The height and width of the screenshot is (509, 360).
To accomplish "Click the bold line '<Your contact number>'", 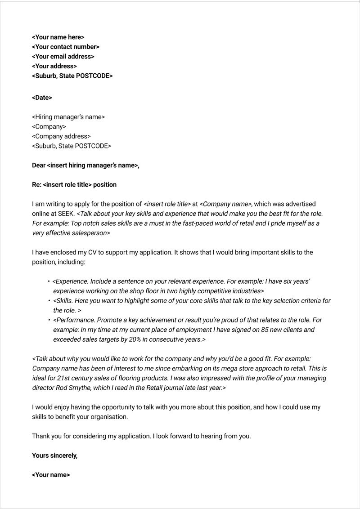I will [66, 47].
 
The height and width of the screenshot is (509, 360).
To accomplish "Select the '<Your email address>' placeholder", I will [63, 57].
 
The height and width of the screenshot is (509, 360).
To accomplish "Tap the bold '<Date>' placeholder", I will [42, 98].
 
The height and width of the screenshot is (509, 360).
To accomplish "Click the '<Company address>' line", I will [61, 136].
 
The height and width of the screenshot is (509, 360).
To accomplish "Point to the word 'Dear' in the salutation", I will [39, 165].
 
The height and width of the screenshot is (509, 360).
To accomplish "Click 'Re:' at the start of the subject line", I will [36, 185].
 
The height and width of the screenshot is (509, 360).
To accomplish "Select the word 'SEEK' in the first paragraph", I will [66, 214].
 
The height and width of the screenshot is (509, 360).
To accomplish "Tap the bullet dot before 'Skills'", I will [49, 300].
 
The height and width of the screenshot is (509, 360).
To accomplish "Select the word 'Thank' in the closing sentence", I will [41, 436].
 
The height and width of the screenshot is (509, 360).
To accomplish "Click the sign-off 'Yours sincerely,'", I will [54, 455].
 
